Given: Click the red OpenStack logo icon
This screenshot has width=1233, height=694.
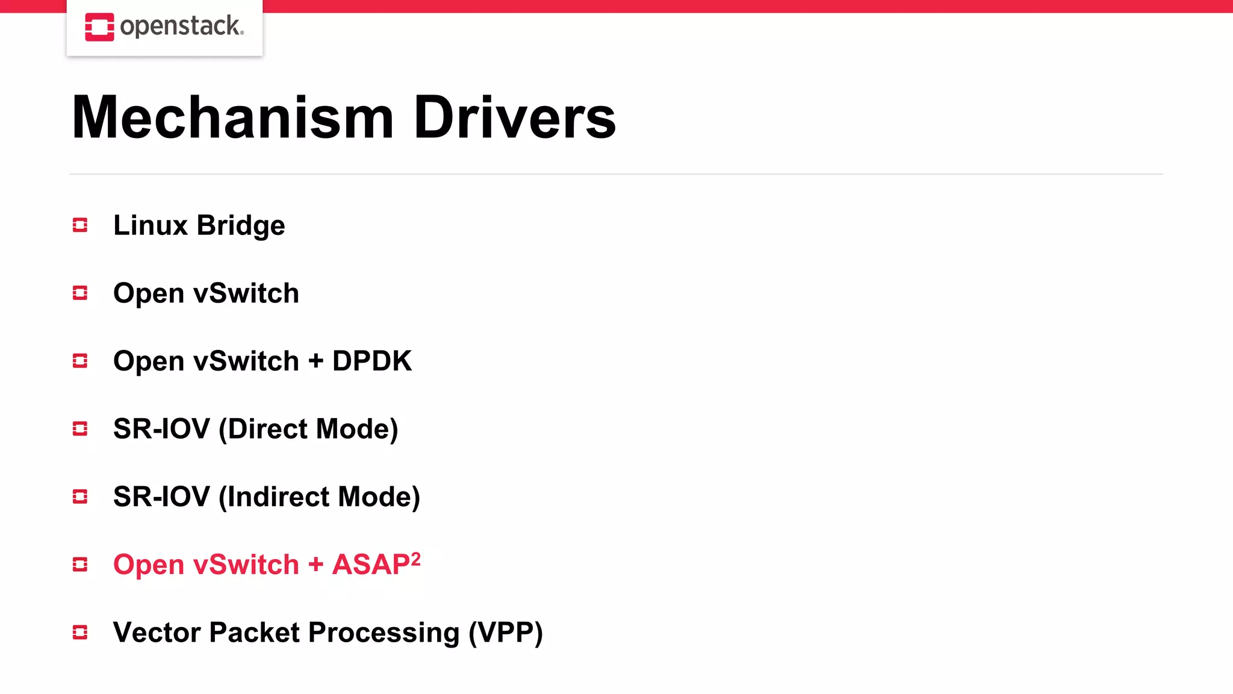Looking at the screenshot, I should pyautogui.click(x=99, y=27).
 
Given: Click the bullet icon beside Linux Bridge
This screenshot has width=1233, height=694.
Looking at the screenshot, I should pyautogui.click(x=80, y=225).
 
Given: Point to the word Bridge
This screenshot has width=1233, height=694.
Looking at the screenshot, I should pyautogui.click(x=241, y=227).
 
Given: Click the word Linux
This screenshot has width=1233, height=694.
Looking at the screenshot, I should pyautogui.click(x=151, y=225).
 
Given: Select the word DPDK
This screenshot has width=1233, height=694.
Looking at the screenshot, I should pyautogui.click(x=371, y=361).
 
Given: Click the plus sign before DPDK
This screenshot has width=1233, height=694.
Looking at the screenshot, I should pyautogui.click(x=315, y=361).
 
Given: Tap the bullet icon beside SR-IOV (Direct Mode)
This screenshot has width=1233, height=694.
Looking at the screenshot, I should pyautogui.click(x=80, y=429).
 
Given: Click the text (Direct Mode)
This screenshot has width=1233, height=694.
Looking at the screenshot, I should pyautogui.click(x=308, y=430).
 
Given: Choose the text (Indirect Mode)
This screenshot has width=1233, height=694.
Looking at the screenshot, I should pyautogui.click(x=319, y=497).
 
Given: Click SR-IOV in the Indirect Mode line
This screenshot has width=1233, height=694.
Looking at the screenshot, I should pyautogui.click(x=161, y=497).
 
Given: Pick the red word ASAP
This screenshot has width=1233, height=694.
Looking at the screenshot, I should pyautogui.click(x=371, y=565).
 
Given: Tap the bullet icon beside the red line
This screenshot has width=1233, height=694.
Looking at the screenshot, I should pyautogui.click(x=80, y=564).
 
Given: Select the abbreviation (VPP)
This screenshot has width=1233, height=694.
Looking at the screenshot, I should pyautogui.click(x=506, y=633).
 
